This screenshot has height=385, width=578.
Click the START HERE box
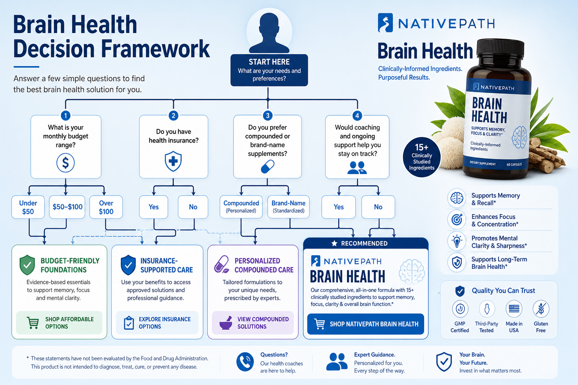click(269, 70)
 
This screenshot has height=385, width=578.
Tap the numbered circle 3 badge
click(268, 115)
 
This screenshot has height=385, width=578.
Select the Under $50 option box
click(28, 207)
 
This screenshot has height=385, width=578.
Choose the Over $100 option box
click(106, 207)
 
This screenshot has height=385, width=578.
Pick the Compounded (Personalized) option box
click(241, 207)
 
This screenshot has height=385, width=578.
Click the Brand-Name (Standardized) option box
click(289, 207)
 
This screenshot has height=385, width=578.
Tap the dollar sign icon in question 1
click(65, 163)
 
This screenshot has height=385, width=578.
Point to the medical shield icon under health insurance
click(173, 161)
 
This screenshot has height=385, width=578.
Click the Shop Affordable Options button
click(59, 323)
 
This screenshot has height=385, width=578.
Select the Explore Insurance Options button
click(157, 323)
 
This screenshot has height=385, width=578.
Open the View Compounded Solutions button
click(253, 323)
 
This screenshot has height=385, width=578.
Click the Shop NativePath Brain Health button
click(366, 324)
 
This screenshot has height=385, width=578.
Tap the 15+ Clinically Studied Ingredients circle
click(421, 157)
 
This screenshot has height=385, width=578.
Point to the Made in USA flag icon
click(514, 309)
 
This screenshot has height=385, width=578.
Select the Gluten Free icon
click(541, 309)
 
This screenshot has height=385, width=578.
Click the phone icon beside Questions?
click(245, 362)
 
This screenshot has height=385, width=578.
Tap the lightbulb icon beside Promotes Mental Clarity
click(457, 242)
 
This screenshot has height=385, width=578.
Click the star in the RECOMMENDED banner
click(334, 243)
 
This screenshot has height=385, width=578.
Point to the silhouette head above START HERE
click(269, 33)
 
